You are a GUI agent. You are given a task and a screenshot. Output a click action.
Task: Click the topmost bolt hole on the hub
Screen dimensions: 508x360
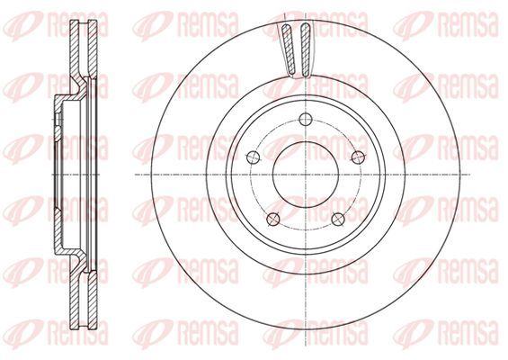pyautogui.click(x=306, y=119)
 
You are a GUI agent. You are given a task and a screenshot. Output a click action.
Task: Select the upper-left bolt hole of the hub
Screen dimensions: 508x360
pyautogui.click(x=254, y=157)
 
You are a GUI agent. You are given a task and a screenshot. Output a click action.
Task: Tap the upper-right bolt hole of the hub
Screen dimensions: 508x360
pyautogui.click(x=358, y=157)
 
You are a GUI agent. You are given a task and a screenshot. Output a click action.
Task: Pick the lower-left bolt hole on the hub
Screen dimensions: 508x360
pyautogui.click(x=273, y=219)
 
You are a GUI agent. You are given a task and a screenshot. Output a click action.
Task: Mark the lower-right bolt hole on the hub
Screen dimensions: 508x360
pyautogui.click(x=338, y=219)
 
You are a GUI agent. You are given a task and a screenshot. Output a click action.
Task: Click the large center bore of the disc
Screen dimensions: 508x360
pyautogui.click(x=306, y=175)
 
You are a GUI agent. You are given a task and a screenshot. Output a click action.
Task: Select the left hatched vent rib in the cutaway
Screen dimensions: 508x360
pyautogui.click(x=288, y=50)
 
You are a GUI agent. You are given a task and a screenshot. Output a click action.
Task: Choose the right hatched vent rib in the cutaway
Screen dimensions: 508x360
pyautogui.click(x=305, y=50)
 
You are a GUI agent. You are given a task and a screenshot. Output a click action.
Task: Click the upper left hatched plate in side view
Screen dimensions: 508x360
pyautogui.click(x=76, y=52)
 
